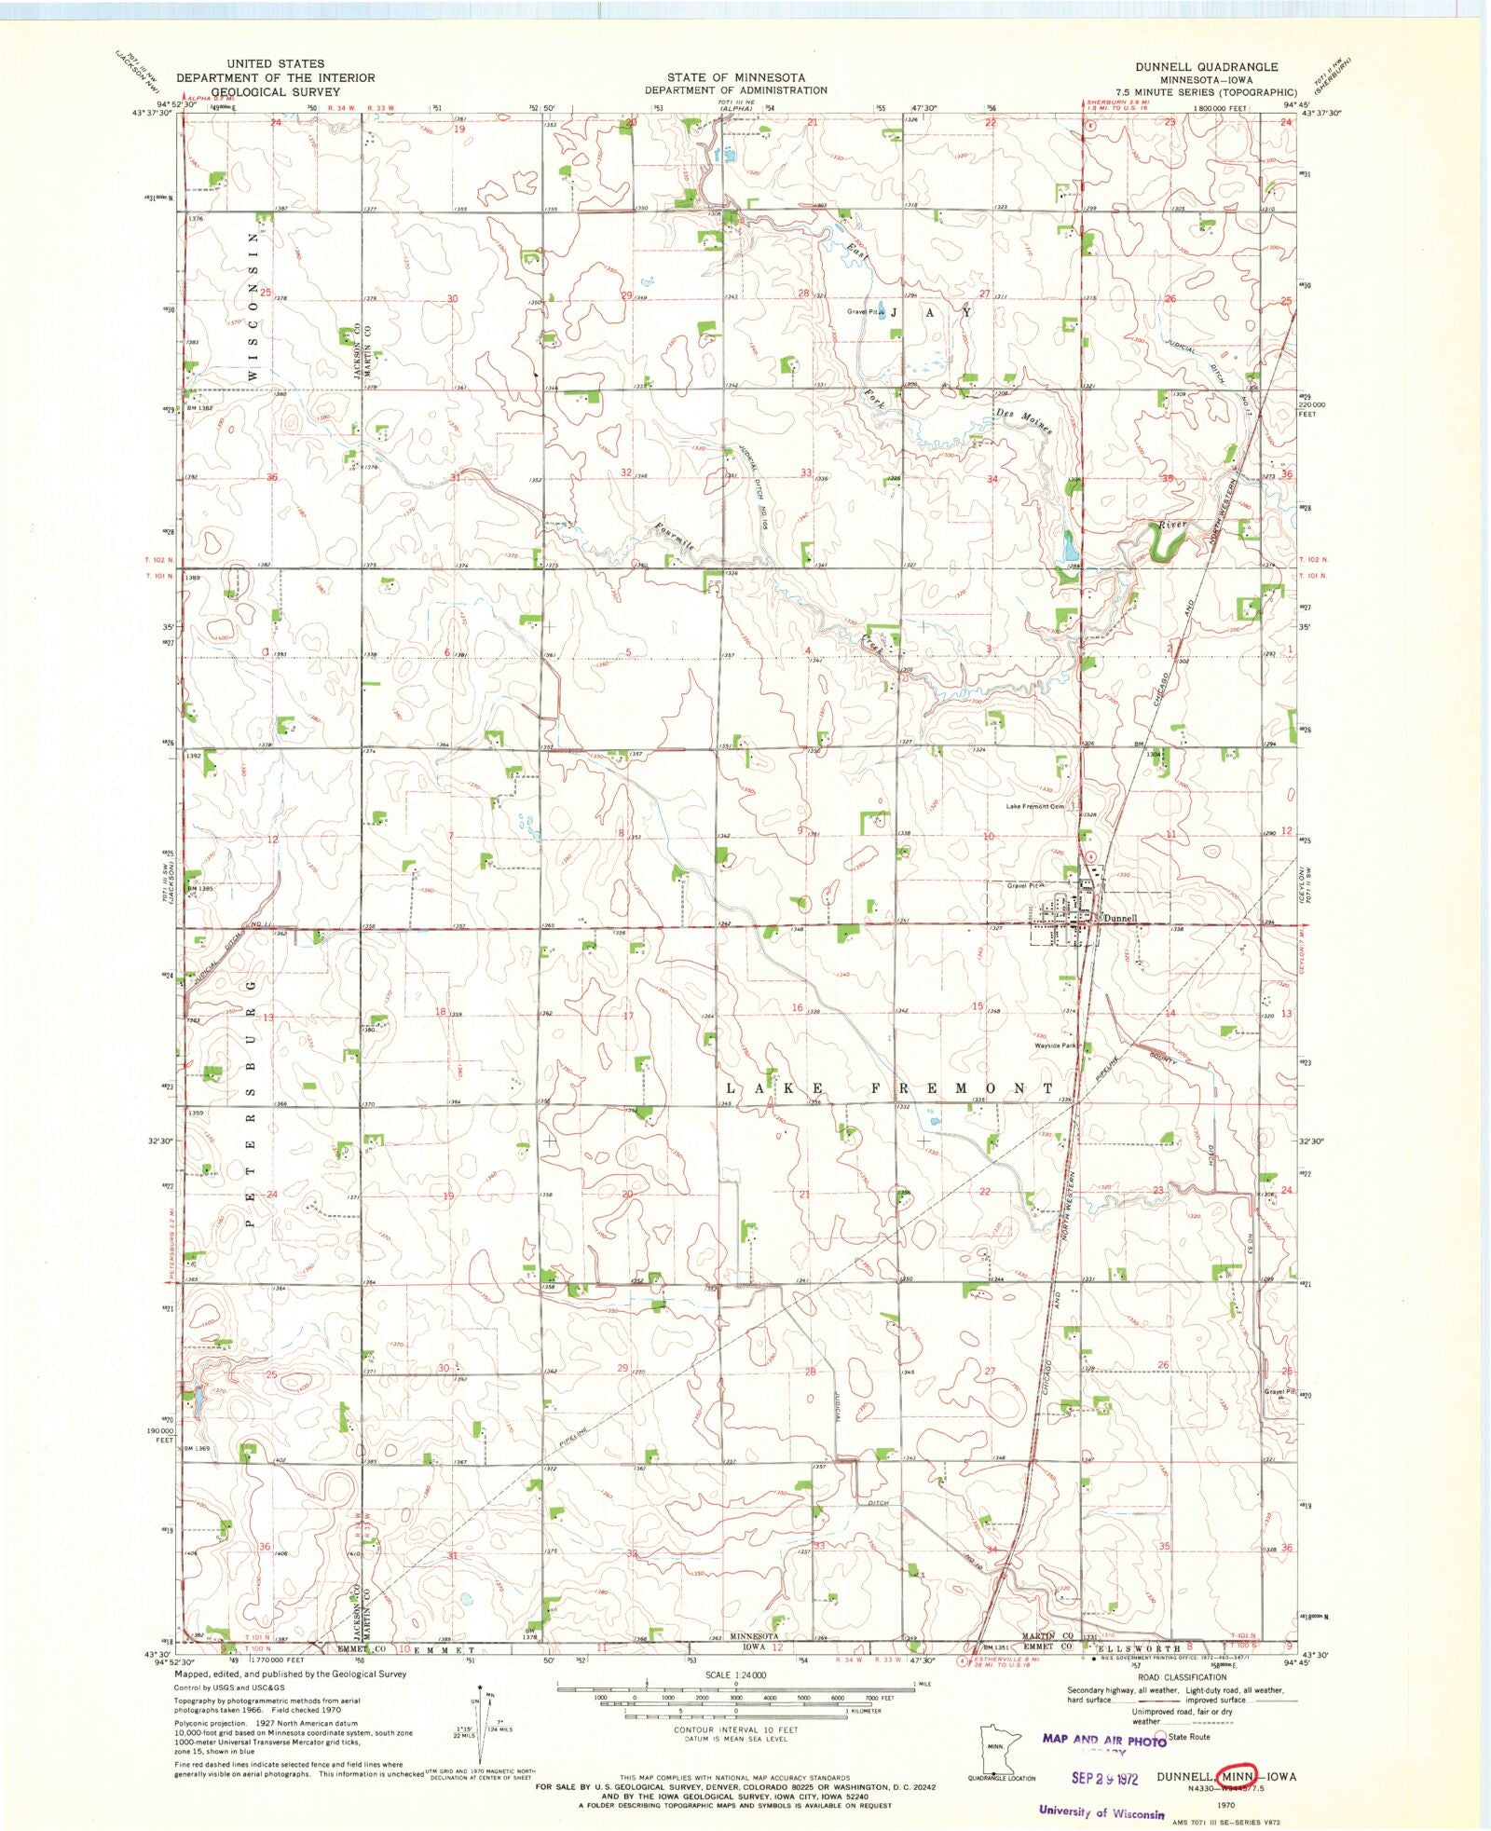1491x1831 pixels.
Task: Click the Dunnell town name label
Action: [x=1121, y=918]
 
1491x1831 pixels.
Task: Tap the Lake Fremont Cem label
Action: [x=1035, y=807]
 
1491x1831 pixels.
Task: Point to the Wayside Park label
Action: [x=1055, y=1045]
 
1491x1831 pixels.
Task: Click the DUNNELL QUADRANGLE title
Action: [x=1206, y=67]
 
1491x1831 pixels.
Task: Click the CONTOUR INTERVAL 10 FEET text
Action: [x=735, y=1729]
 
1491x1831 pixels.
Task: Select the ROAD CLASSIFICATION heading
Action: [x=1182, y=1677]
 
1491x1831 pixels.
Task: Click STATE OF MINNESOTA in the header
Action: [x=736, y=77]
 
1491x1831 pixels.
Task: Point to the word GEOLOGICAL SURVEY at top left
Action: [x=275, y=92]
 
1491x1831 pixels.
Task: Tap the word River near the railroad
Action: [x=1172, y=526]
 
